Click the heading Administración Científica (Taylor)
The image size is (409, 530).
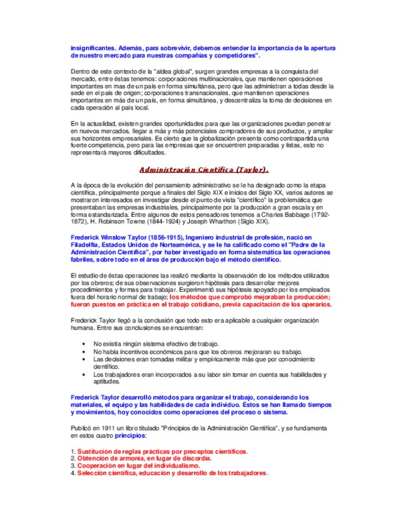pyautogui.click(x=204, y=169)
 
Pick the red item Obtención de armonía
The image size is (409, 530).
pyautogui.click(x=144, y=458)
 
